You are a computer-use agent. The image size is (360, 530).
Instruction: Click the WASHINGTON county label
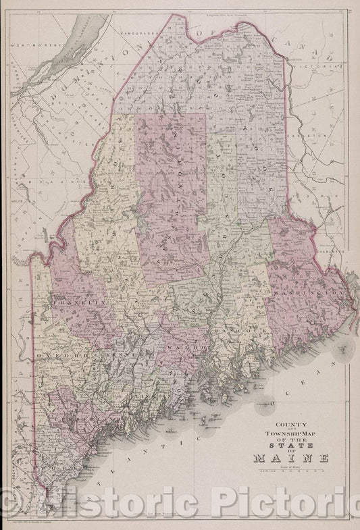coord(304,296)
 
